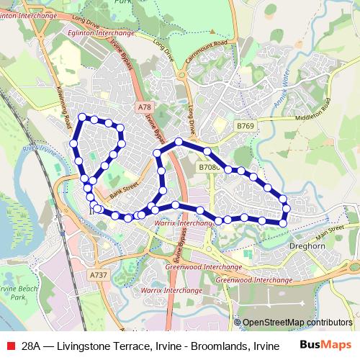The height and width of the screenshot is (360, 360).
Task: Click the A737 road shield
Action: (x=99, y=275)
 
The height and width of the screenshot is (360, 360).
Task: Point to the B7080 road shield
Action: (x=209, y=167)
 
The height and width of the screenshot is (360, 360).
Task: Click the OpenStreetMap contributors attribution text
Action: (x=297, y=323)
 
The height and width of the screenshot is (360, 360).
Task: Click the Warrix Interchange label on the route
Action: (x=183, y=224)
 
